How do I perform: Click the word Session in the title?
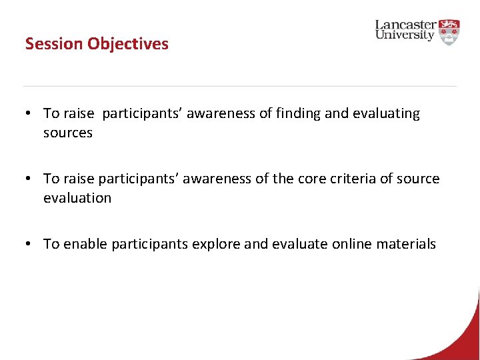(54, 44)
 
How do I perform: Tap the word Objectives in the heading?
(128, 44)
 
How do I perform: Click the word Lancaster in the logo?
(405, 25)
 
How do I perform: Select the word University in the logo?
(405, 36)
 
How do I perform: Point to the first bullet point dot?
(31, 114)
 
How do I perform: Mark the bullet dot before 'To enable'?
(31, 245)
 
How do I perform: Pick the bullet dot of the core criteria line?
(31, 179)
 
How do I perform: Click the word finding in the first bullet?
(298, 114)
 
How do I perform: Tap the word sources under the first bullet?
(68, 133)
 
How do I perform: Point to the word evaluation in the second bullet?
(77, 198)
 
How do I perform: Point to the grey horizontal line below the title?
(240, 86)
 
